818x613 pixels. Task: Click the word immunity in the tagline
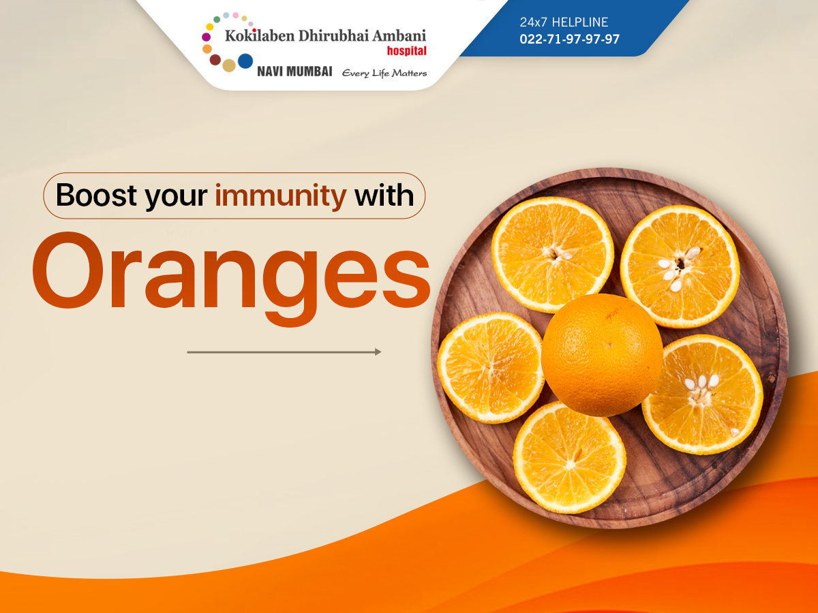pyautogui.click(x=281, y=195)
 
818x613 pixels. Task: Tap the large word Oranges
pyautogui.click(x=231, y=279)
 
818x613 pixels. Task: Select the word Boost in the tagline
pyautogui.click(x=97, y=195)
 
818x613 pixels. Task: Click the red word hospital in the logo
pyautogui.click(x=406, y=50)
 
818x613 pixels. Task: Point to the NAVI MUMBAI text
pyautogui.click(x=294, y=72)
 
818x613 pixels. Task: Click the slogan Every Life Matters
pyautogui.click(x=384, y=73)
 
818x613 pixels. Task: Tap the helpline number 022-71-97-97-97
pyautogui.click(x=569, y=39)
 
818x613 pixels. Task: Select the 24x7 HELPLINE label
pyautogui.click(x=564, y=22)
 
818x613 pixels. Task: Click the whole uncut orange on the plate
pyautogui.click(x=602, y=355)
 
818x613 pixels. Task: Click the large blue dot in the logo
pyautogui.click(x=245, y=61)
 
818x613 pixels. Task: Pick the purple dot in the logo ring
pyautogui.click(x=206, y=37)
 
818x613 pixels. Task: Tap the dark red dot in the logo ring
pyautogui.click(x=215, y=59)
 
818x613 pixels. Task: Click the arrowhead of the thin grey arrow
pyautogui.click(x=378, y=352)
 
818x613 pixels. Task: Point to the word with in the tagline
pyautogui.click(x=384, y=195)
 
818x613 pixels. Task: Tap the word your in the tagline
pyautogui.click(x=176, y=197)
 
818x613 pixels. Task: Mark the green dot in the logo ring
pyautogui.click(x=217, y=19)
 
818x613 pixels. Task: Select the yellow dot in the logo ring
pyautogui.click(x=210, y=27)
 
